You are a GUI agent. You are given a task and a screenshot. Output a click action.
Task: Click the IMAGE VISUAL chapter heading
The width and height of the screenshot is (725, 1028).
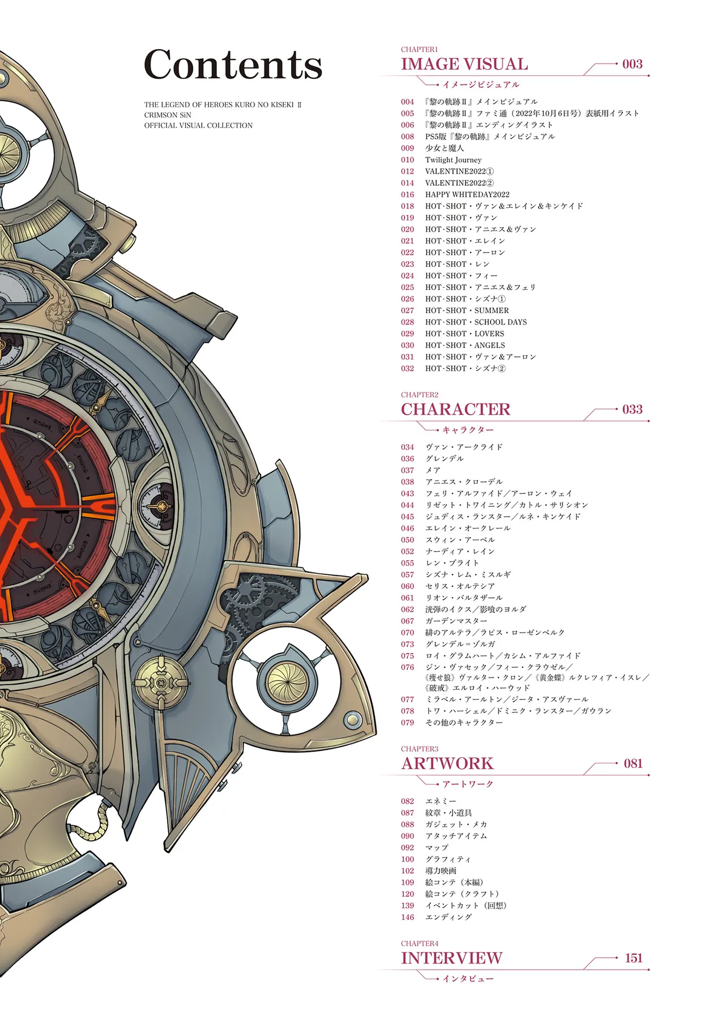(x=464, y=64)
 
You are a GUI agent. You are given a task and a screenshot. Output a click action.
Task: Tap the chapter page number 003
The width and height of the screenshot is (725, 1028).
(x=632, y=64)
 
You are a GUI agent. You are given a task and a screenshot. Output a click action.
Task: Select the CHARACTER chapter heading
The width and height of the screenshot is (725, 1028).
(x=455, y=410)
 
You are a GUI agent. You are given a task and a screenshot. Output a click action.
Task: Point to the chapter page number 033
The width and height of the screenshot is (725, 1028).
(x=632, y=409)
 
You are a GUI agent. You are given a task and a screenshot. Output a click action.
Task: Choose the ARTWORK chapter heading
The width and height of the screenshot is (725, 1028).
(x=447, y=763)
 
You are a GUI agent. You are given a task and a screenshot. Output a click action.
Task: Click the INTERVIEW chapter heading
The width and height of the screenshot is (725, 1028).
(x=451, y=958)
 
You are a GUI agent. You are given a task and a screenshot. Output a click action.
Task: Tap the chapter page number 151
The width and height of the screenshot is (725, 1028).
(x=634, y=958)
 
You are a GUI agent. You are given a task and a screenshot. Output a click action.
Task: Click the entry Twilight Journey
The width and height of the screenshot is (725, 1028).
(x=453, y=160)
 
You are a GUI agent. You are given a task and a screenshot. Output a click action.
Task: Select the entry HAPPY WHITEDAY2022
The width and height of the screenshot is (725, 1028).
(x=467, y=194)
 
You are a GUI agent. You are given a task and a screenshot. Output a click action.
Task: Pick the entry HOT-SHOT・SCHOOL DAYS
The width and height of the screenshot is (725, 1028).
(x=476, y=322)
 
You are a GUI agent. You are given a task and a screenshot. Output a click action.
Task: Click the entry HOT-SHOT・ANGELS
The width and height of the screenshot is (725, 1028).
(x=465, y=345)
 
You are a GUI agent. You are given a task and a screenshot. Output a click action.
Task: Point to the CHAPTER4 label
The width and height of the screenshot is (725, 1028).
(x=420, y=944)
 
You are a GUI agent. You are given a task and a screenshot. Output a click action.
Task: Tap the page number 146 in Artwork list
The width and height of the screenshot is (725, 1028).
(x=408, y=917)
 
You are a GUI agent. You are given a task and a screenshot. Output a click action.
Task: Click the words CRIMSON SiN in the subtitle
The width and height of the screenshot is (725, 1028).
(x=168, y=115)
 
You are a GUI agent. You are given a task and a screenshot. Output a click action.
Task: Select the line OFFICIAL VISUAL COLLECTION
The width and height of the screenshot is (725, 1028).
(x=198, y=125)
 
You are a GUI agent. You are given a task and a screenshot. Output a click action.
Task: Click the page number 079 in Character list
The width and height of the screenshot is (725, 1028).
(x=408, y=722)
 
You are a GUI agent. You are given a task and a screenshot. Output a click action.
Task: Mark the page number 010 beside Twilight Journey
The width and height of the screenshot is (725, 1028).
(x=408, y=160)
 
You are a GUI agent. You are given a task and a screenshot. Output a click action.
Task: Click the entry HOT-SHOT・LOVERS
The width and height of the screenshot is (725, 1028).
(x=464, y=334)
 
